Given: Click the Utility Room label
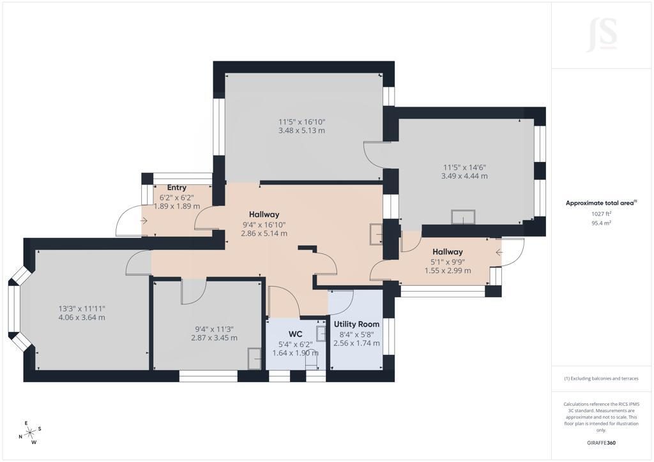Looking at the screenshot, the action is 356,324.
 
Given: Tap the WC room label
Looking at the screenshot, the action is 295,334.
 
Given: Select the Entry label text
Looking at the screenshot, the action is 176,188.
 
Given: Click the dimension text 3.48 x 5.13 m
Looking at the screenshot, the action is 301,130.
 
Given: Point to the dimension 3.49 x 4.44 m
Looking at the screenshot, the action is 464,175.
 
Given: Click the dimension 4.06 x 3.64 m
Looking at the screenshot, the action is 82,317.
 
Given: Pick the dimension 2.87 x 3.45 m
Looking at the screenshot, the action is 215,338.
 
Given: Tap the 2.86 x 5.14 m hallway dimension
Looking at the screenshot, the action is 264,234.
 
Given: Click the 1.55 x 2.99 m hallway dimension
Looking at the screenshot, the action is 448,271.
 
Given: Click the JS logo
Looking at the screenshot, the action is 602,34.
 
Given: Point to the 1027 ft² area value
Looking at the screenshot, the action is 601,214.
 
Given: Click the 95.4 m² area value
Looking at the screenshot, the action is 601,223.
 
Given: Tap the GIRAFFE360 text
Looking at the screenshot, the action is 601,443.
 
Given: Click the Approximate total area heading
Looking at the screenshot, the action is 601,204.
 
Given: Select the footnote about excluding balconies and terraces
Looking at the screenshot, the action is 601,378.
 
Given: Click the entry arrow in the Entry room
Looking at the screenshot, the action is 144,221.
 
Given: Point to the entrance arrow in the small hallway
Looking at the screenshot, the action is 499,252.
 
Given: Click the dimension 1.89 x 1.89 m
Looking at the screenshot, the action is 177,206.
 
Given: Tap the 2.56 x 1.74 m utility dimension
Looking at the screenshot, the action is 356,343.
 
